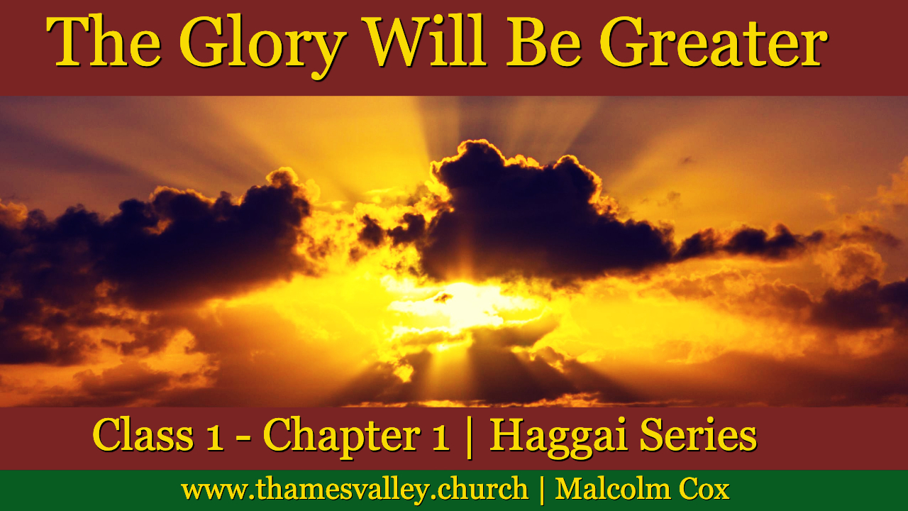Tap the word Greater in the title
(x=714, y=41)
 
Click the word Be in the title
(x=543, y=41)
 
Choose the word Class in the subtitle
(x=143, y=434)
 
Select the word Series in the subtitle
(x=698, y=434)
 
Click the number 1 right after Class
(x=215, y=439)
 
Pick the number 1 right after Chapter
(x=441, y=439)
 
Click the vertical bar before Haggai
(x=470, y=437)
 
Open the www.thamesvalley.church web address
(x=355, y=490)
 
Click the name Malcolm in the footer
(x=612, y=488)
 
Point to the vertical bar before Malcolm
(x=542, y=490)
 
